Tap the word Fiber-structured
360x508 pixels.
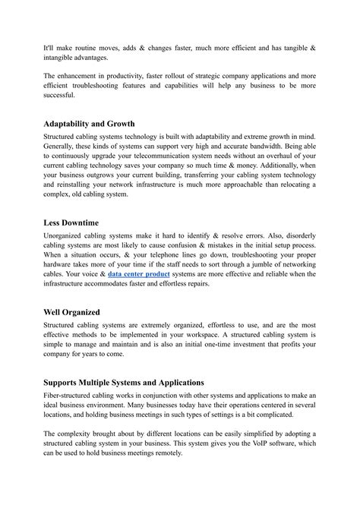[74, 396]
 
